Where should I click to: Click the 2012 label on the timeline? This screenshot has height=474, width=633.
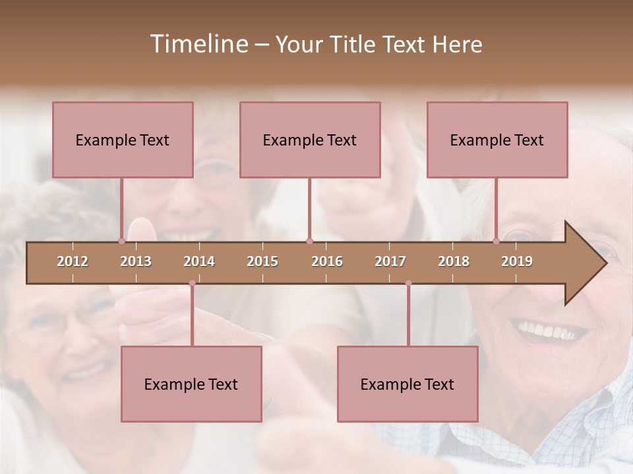(x=73, y=261)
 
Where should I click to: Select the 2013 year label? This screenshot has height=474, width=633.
(x=136, y=261)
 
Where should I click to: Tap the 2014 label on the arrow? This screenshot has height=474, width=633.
(x=199, y=261)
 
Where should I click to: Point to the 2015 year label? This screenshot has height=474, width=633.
(x=262, y=261)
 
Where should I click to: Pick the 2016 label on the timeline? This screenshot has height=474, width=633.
(x=327, y=261)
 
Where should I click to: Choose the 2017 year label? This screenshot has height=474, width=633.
(x=390, y=261)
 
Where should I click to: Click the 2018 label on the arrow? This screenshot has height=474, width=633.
(x=454, y=261)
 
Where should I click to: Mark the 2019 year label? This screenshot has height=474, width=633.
(x=517, y=261)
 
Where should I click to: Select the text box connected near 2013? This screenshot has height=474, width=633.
(x=123, y=140)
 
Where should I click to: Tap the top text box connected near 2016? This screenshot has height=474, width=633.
(x=310, y=140)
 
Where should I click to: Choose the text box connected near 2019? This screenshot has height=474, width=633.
(x=497, y=140)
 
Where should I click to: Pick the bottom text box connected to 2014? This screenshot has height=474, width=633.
(x=191, y=384)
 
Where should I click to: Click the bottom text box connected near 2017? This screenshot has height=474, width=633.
(x=407, y=384)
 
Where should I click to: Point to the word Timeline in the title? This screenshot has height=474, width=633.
(x=198, y=44)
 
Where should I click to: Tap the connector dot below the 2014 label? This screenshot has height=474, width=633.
(x=192, y=283)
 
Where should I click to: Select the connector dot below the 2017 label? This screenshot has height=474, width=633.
(x=408, y=283)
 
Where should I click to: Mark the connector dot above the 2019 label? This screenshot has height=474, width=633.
(x=497, y=241)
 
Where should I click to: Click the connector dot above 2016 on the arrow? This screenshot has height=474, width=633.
(x=309, y=241)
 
